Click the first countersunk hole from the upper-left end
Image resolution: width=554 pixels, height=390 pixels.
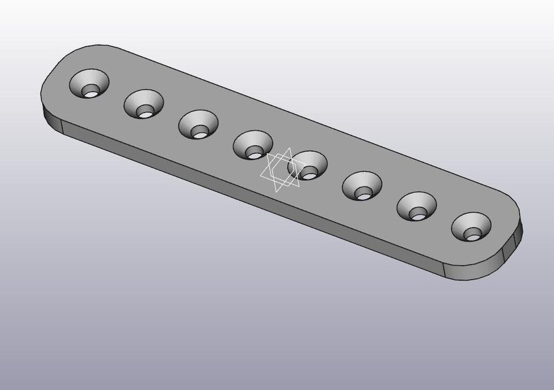89,84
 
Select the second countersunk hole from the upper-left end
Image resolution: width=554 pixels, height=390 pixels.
144,104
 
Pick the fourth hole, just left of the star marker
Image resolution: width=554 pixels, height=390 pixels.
253,145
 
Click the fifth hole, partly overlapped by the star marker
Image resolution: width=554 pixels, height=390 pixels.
308,165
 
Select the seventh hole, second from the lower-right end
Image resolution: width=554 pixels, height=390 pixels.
417,206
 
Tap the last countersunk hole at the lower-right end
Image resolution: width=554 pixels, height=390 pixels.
471,227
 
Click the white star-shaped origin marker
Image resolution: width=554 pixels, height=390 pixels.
280,170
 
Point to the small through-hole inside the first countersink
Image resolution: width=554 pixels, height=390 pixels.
93,93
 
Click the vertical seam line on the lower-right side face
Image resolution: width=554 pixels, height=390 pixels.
444,268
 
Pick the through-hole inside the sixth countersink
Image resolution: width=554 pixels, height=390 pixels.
364,194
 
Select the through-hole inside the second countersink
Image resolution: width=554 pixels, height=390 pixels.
144,113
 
